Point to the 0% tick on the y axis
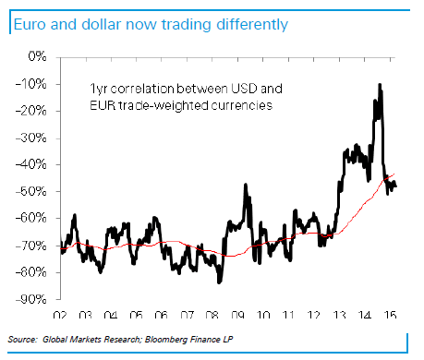tap(38, 57)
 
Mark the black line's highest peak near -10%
tap(380, 85)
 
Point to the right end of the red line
tap(398, 173)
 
